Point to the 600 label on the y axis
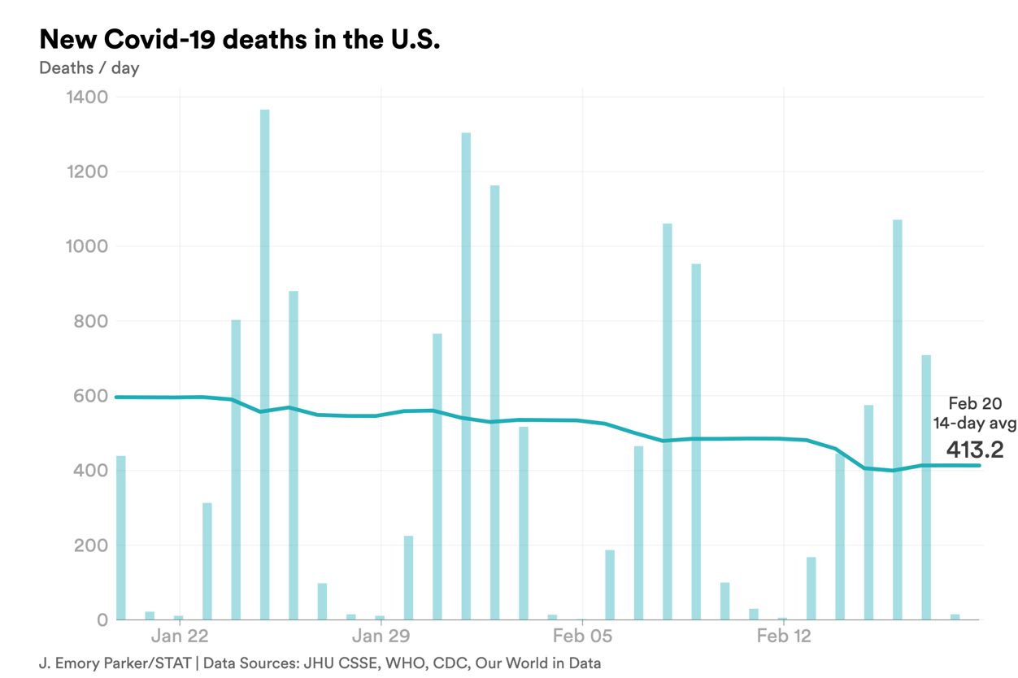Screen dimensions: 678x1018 pos(90,396)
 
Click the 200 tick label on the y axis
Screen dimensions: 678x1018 pos(90,545)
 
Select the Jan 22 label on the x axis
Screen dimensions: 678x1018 pos(180,636)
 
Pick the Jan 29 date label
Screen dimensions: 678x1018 pos(381,636)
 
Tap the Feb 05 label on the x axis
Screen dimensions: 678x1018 pos(581,636)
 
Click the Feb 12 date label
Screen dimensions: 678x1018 pos(783,636)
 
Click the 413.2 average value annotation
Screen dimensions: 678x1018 pos(974,449)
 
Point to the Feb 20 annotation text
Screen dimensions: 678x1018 pos(975,403)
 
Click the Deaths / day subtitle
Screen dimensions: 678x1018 pos(89,67)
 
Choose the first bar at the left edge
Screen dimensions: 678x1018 pos(121,537)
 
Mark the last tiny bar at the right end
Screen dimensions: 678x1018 pos(955,617)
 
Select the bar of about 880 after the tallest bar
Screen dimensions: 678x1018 pos(294,455)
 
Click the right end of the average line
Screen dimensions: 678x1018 pos(978,465)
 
